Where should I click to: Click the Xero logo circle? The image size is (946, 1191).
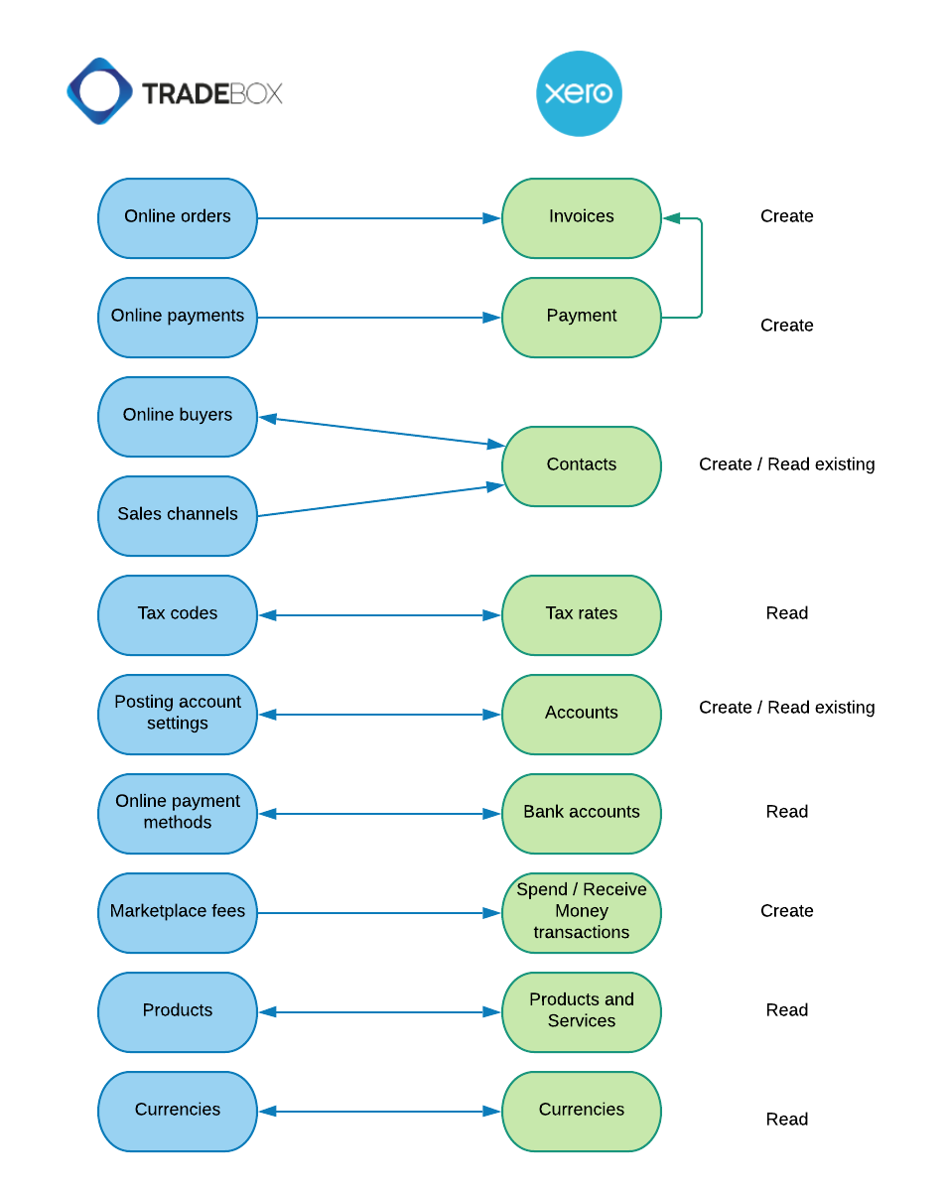click(x=579, y=93)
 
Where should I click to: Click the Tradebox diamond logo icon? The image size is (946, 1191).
click(x=99, y=91)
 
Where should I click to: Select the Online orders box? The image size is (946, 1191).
click(x=178, y=217)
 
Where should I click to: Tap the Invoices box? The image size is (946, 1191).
click(x=581, y=217)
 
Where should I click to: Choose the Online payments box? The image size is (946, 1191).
click(x=178, y=317)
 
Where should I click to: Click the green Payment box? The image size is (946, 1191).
click(x=581, y=317)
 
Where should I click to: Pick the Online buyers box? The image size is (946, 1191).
click(x=178, y=416)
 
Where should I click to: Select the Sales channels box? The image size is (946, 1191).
click(x=178, y=515)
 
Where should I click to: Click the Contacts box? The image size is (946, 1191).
click(x=581, y=465)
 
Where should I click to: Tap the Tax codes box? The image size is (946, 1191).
click(x=178, y=614)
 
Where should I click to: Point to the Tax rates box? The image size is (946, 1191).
click(x=581, y=614)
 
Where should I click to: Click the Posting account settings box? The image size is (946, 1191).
click(x=178, y=714)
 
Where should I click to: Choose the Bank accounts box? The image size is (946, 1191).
click(x=581, y=813)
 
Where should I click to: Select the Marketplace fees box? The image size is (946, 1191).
click(x=178, y=912)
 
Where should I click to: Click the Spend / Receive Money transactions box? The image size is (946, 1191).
click(x=581, y=912)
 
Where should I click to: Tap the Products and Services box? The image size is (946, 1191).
click(x=581, y=1011)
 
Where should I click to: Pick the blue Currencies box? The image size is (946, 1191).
click(x=178, y=1111)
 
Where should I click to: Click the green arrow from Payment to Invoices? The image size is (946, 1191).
click(x=702, y=268)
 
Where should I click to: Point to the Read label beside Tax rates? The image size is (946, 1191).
click(x=786, y=613)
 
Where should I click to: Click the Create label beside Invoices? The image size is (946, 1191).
click(x=786, y=216)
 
